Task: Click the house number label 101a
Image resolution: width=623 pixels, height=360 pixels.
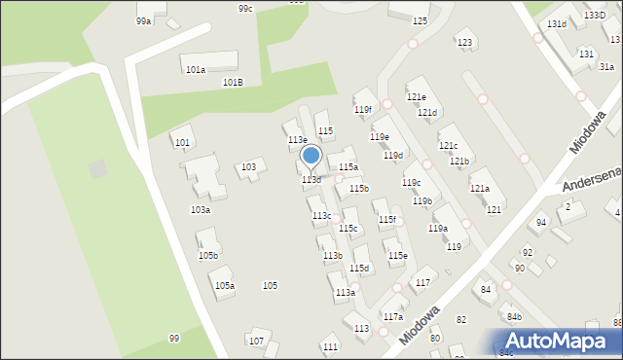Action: click(196, 70)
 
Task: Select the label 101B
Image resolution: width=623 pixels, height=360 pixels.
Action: click(233, 83)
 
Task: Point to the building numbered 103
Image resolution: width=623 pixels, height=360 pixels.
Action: click(249, 167)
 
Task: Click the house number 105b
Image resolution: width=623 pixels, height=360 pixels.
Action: click(208, 255)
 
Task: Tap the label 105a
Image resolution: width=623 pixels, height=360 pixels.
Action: click(225, 285)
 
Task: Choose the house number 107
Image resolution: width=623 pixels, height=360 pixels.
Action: click(256, 341)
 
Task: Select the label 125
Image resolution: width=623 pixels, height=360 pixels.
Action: click(420, 20)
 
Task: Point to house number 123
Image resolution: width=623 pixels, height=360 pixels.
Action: click(464, 42)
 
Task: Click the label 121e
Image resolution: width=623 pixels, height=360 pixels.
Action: click(416, 96)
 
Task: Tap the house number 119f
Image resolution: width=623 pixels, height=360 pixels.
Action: click(362, 110)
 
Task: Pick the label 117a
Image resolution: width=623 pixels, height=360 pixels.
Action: click(392, 317)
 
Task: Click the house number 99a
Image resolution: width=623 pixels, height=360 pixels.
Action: click(143, 20)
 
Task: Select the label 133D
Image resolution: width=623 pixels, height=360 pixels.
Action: click(594, 16)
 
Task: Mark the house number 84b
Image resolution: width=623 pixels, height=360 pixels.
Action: click(513, 317)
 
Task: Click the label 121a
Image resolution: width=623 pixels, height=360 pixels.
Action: click(480, 188)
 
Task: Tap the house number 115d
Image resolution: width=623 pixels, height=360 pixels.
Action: click(359, 268)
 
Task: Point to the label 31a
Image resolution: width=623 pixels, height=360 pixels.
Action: click(605, 66)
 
